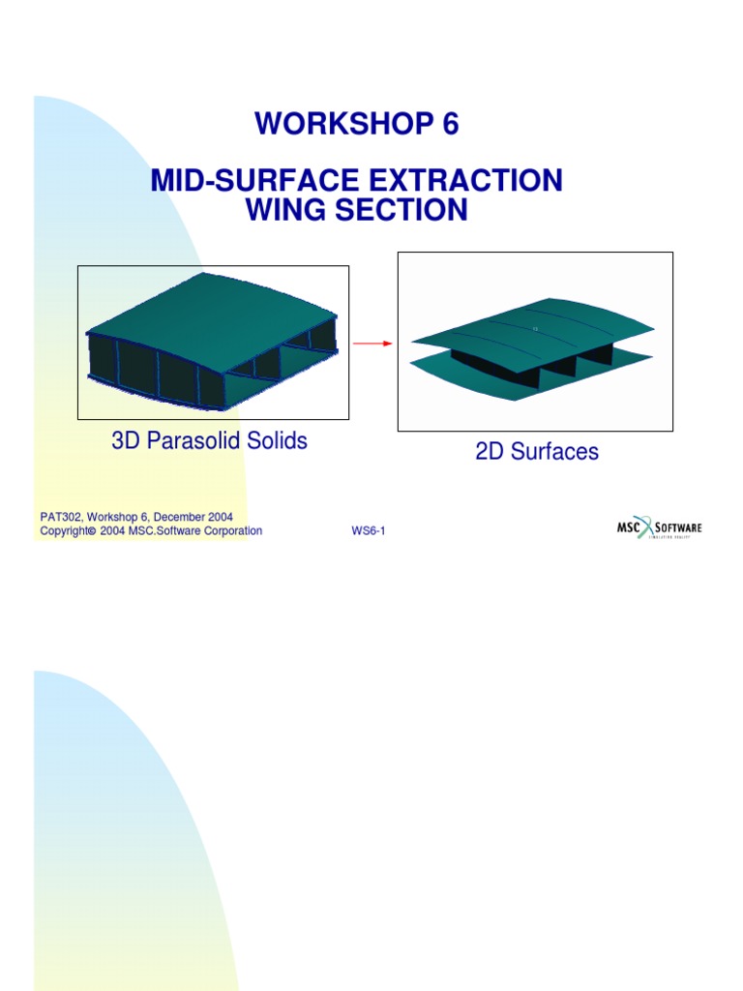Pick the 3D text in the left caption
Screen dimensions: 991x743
127,441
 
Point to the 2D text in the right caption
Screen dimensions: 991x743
490,452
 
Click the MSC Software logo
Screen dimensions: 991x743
660,528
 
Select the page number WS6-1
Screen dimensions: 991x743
368,531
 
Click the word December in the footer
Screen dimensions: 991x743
179,518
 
